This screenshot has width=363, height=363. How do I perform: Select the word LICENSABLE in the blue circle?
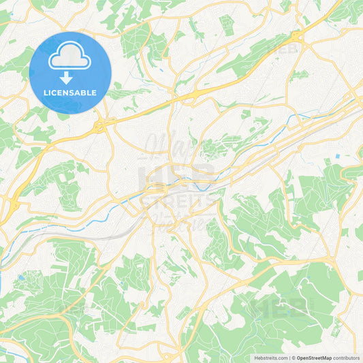(x=70, y=93)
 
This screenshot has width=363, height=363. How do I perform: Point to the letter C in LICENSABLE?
(x=56, y=93)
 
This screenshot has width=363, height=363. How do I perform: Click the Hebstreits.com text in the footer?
(x=269, y=358)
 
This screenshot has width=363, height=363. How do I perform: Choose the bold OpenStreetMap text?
(x=313, y=358)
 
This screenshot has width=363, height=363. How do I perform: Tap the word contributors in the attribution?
(x=346, y=358)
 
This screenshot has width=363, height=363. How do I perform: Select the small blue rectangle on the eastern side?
(x=338, y=159)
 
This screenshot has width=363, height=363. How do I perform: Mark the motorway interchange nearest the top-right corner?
(x=297, y=35)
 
